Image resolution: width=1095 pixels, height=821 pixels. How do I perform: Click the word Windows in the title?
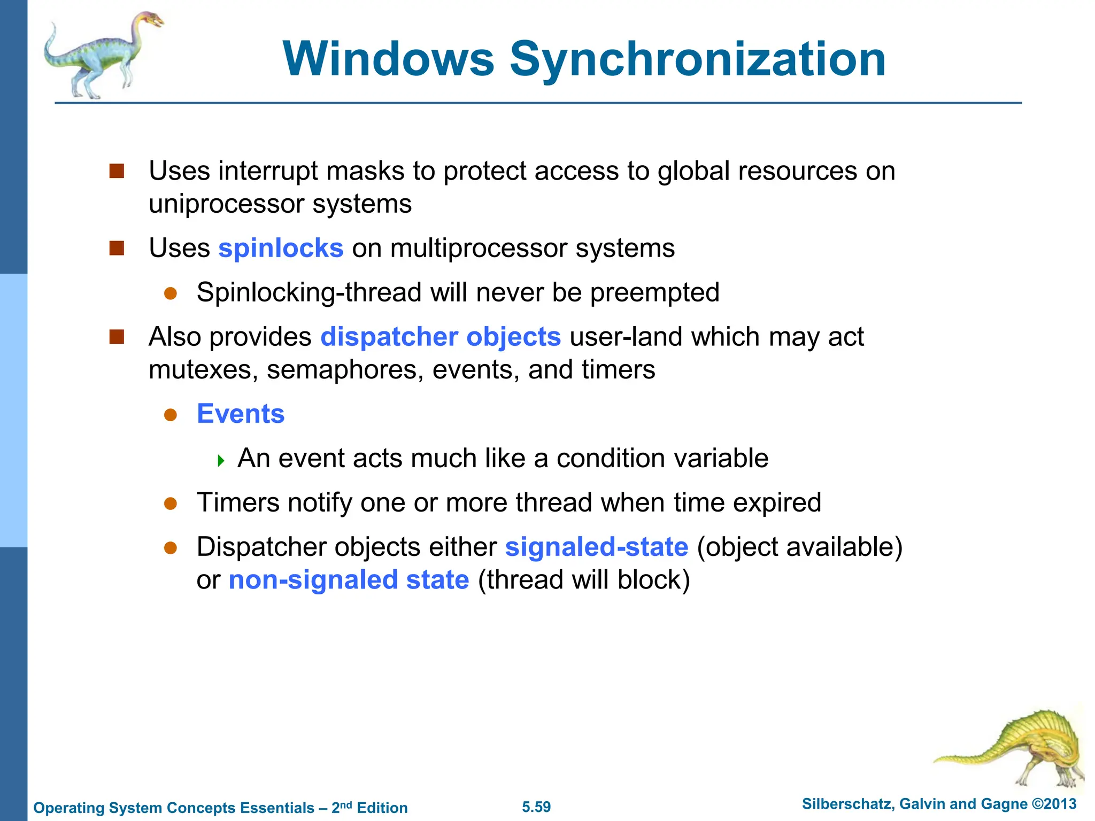[389, 59]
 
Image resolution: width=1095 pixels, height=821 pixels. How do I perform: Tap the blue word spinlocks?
[281, 249]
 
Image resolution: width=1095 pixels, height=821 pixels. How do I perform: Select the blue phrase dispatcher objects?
[441, 337]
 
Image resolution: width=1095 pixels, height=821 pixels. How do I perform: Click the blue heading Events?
[241, 414]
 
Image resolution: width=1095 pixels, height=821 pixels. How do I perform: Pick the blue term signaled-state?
[597, 547]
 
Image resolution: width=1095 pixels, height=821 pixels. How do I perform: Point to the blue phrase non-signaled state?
[349, 580]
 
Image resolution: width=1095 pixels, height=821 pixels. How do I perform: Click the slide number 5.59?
[536, 807]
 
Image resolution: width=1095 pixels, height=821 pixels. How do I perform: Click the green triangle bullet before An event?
[221, 460]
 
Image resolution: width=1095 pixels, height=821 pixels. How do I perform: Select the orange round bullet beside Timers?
[171, 504]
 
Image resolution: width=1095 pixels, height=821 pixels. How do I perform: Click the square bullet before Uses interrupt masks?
[117, 172]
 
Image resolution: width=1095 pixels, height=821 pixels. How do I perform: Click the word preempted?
[654, 293]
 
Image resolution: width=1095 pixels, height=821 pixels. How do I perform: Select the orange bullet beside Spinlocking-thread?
[171, 293]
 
